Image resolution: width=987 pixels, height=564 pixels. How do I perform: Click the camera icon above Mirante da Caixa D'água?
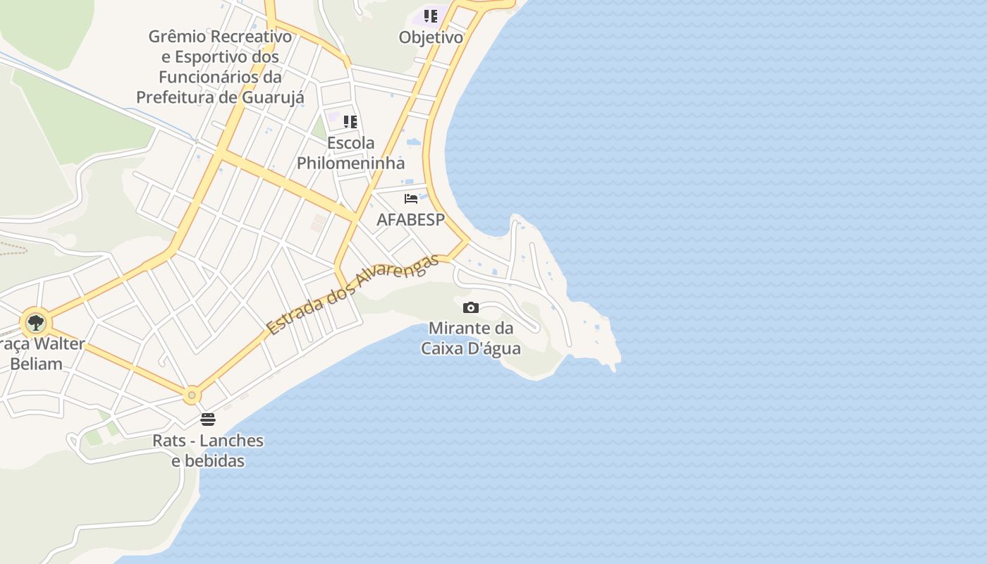tap(470, 307)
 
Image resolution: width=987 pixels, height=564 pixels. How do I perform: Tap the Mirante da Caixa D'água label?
tap(471, 338)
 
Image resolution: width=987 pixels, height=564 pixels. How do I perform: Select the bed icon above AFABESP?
tap(411, 199)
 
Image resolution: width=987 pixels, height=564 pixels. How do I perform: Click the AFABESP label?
tap(411, 219)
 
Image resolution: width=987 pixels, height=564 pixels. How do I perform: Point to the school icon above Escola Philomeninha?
tap(350, 122)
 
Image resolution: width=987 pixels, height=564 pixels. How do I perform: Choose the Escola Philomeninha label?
tap(350, 153)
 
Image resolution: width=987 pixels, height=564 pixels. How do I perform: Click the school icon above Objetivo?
tap(431, 16)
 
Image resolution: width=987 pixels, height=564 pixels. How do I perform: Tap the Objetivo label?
tap(431, 37)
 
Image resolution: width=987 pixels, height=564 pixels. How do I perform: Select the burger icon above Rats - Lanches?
tap(208, 419)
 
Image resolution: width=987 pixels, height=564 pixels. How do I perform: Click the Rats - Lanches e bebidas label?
tap(208, 450)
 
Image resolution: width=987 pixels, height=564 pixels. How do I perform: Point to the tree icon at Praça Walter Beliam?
tap(35, 323)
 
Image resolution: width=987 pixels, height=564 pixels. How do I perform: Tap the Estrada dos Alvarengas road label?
tap(352, 294)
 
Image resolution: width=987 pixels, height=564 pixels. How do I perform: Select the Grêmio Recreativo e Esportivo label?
tap(220, 66)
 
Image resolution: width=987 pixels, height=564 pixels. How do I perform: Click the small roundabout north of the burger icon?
tap(192, 395)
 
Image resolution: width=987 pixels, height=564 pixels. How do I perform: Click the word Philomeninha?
tap(350, 164)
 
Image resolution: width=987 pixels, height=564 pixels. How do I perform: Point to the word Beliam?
tap(36, 364)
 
